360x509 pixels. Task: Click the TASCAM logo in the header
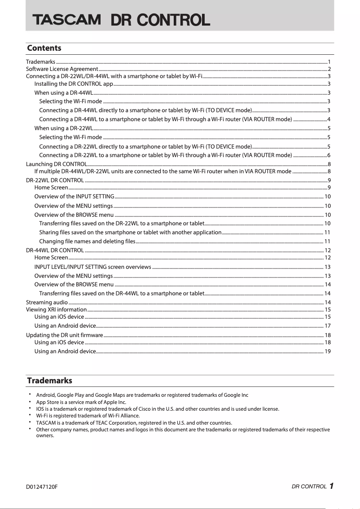66,20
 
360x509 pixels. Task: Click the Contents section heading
44,48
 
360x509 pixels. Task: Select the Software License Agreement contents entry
62,69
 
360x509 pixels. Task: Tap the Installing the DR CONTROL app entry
74,83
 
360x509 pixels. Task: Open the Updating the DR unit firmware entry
65,335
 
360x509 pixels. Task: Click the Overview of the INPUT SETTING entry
74,197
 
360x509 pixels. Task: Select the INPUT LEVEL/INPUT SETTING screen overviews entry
92,267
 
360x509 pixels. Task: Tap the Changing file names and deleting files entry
87,241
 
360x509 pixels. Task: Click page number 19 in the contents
328,351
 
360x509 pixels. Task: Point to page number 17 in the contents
328,326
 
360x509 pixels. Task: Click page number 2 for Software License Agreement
329,69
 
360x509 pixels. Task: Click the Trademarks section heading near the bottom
49,381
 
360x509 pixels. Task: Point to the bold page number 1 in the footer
331,486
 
